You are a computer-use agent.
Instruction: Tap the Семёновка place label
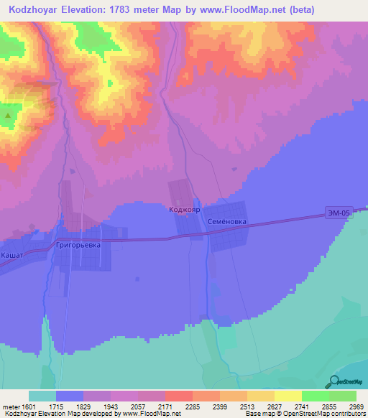tap(227, 222)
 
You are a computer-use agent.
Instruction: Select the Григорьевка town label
tap(83, 244)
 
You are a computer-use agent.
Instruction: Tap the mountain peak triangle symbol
tap(8, 114)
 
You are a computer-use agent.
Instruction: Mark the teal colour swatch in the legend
tap(42, 396)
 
